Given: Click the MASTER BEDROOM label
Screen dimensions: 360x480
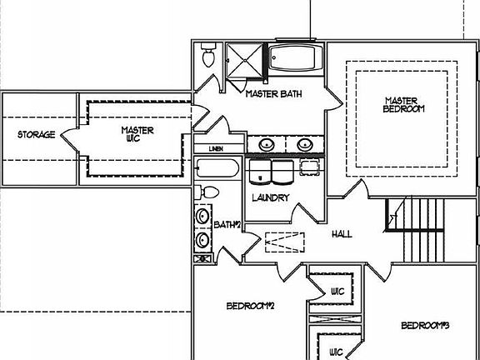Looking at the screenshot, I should (404, 103).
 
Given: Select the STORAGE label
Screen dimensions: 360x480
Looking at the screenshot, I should (37, 135).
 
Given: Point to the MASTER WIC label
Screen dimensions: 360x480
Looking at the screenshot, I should (137, 135).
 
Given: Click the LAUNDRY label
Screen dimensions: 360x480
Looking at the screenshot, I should (270, 198).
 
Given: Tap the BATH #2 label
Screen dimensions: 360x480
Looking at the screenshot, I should (227, 225).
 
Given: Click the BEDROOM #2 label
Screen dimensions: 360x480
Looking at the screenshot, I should (250, 307).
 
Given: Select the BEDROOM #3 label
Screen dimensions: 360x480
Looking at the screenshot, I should (426, 325).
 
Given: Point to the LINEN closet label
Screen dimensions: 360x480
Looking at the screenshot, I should (216, 149).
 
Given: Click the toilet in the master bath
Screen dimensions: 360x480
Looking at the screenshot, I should (208, 57).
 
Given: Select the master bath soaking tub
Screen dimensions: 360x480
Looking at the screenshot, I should (294, 59).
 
